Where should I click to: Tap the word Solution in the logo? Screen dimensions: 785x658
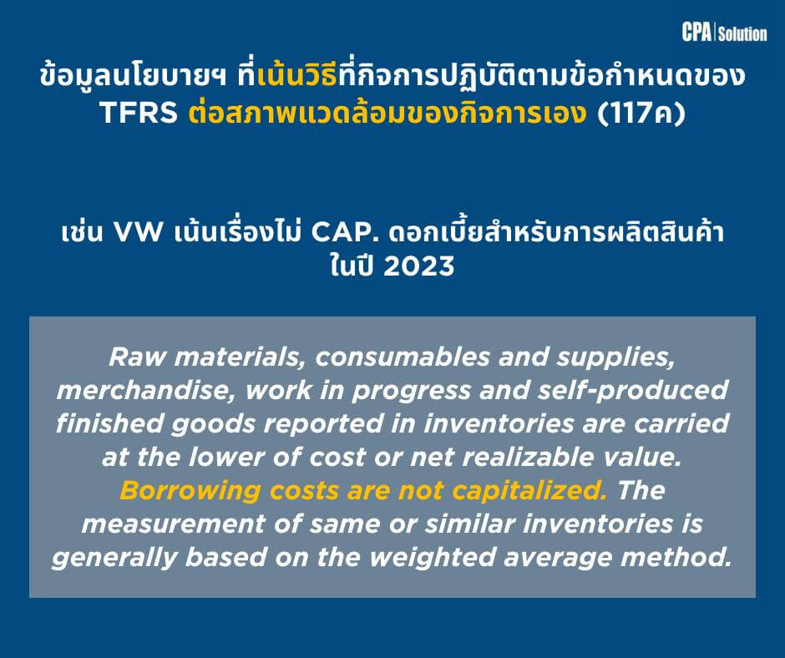(x=743, y=33)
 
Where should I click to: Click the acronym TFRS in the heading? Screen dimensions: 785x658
(x=139, y=112)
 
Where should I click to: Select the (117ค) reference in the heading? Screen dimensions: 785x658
(x=641, y=112)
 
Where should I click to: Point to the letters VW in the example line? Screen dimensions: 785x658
(x=139, y=232)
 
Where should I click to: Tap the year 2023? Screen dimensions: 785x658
(x=419, y=266)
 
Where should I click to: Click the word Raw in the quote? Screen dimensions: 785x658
(x=137, y=357)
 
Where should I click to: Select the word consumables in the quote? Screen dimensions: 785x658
(x=403, y=357)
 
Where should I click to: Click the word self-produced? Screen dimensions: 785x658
(x=633, y=391)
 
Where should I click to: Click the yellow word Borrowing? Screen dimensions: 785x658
(x=190, y=491)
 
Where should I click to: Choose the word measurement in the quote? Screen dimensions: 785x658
(x=173, y=524)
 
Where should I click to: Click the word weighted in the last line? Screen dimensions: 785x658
(x=433, y=558)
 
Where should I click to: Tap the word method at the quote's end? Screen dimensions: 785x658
(x=676, y=558)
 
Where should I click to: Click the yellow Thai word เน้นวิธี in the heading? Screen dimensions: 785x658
(x=297, y=76)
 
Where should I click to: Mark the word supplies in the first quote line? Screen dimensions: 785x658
(x=616, y=357)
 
